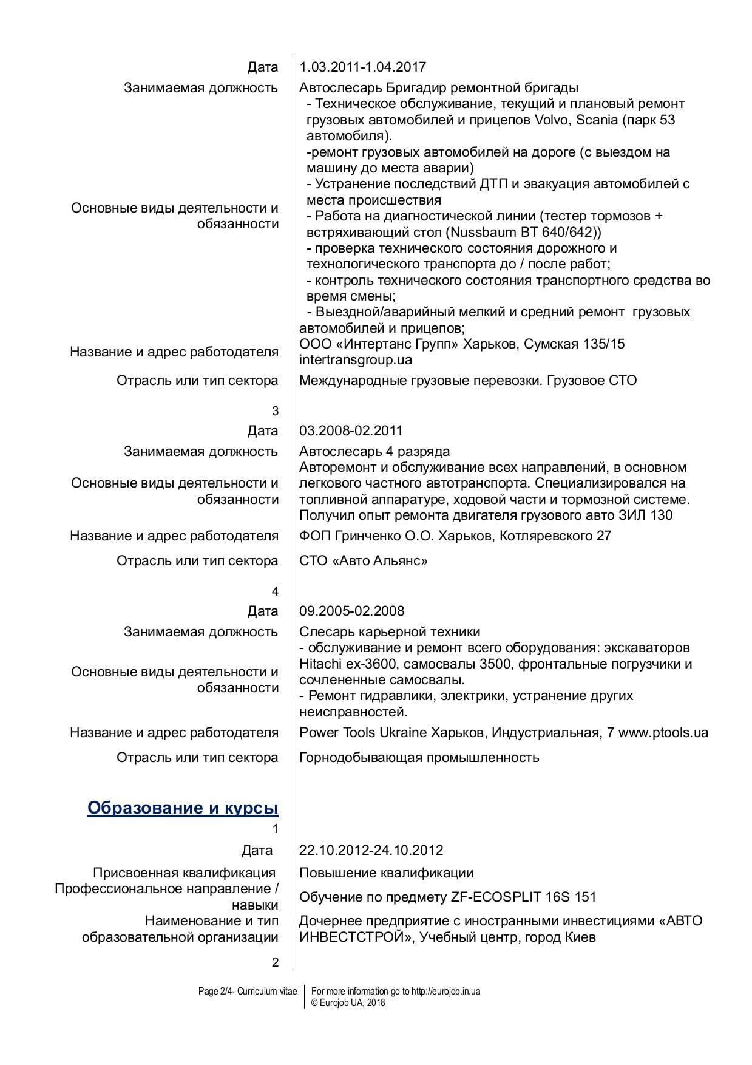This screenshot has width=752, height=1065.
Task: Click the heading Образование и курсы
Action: coord(183,808)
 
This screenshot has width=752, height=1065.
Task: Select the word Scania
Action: coord(596,120)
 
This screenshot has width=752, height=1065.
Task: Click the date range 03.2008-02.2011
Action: coord(351,430)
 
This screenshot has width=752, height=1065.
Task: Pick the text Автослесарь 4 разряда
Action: coord(374,451)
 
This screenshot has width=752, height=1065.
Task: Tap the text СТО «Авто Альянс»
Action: coord(363,560)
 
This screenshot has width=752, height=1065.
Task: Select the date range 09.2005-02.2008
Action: coord(351,611)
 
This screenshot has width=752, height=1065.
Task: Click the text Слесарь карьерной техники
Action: coord(390,631)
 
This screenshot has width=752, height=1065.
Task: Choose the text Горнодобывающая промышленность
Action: coord(419,757)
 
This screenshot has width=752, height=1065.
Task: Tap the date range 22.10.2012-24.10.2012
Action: coord(371,850)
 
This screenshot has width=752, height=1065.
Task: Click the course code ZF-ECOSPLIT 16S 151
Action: coord(523,897)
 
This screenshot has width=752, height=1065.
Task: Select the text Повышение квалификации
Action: coord(386,873)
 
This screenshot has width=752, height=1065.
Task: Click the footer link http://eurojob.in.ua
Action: coord(446,992)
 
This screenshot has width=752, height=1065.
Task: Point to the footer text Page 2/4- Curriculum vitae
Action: coord(248,992)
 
